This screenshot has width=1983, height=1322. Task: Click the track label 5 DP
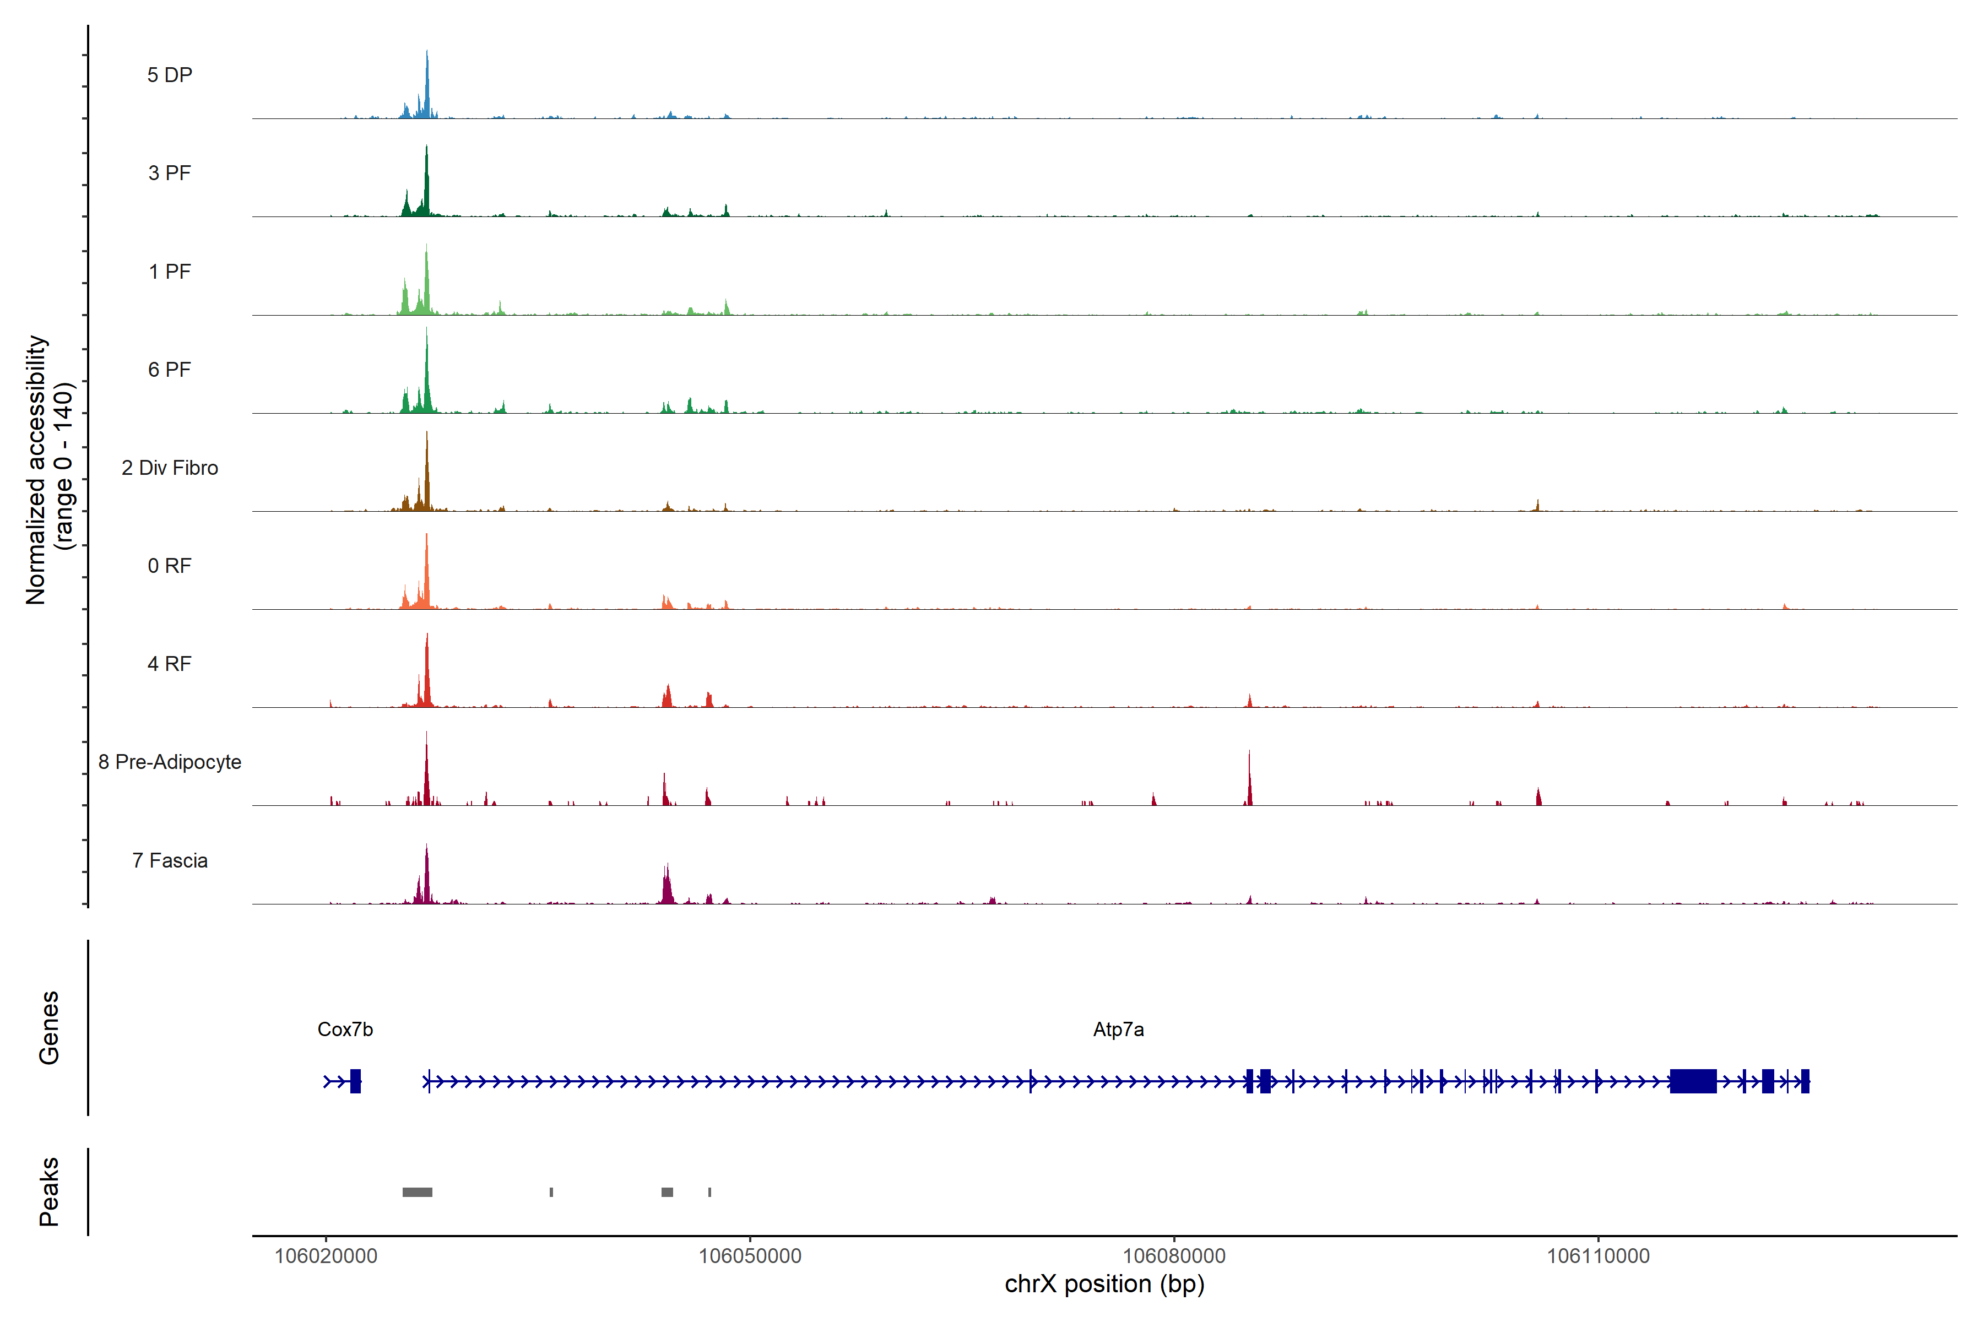170,75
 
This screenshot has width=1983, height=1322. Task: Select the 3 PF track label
170,173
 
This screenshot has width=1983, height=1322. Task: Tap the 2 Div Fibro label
170,468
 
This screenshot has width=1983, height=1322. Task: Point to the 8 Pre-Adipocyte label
170,762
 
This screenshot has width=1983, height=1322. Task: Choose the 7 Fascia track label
170,861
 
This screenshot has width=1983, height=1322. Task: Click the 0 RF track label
170,566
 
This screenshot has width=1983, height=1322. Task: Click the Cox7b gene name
345,1030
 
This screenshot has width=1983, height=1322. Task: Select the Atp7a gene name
1118,1030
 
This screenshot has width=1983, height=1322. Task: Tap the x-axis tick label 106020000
326,1256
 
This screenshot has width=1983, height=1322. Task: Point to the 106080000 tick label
1174,1256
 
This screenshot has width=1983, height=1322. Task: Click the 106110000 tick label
1598,1256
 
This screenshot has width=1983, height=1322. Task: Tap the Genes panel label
49,1028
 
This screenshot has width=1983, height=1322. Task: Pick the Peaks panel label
49,1191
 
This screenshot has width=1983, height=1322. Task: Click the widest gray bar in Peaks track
418,1192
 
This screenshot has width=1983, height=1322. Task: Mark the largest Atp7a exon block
1693,1081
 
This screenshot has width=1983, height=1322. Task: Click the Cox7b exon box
356,1081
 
